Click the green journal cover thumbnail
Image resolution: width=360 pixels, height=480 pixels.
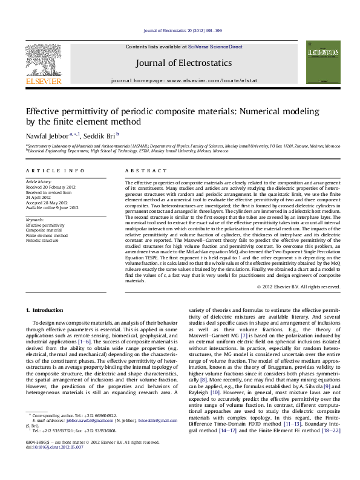click(x=323, y=62)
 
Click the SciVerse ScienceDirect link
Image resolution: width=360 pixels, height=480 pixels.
click(x=215, y=47)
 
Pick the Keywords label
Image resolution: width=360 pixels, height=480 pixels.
click(x=35, y=219)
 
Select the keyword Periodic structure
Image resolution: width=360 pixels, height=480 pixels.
click(x=42, y=240)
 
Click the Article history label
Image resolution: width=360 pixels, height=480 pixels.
click(x=39, y=181)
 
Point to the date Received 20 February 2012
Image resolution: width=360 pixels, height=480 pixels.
click(x=51, y=187)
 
